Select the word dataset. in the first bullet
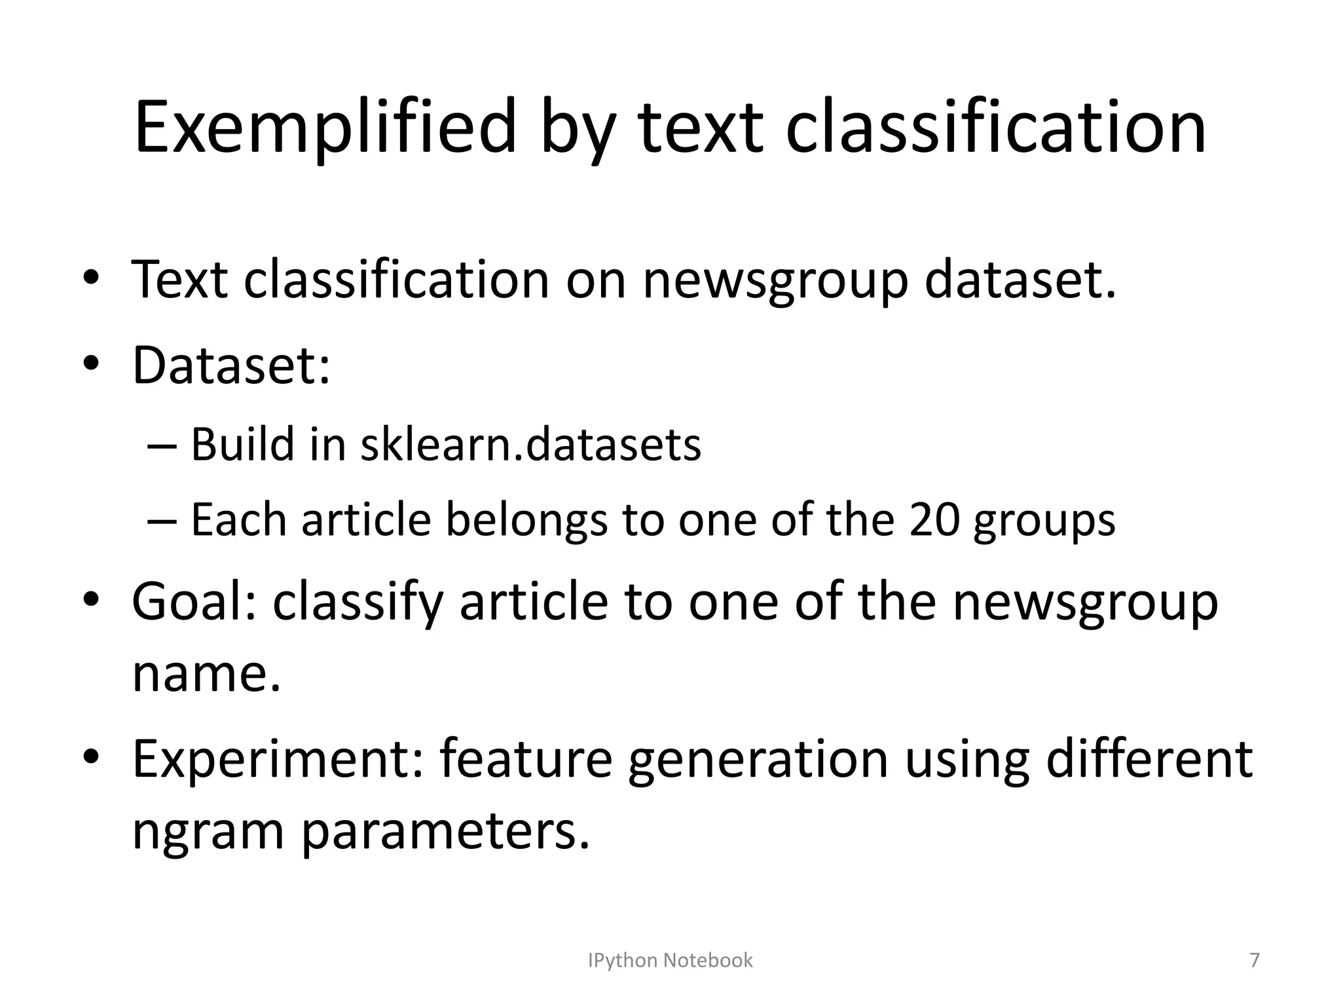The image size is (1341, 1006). click(1020, 280)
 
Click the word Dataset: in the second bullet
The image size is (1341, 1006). click(231, 365)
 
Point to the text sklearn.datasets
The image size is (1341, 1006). click(530, 445)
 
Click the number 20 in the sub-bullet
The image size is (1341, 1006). click(934, 520)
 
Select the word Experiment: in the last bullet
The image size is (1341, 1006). click(278, 758)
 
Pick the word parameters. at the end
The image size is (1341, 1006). click(446, 830)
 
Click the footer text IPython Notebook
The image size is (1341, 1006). click(670, 960)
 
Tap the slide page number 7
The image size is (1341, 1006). click(1254, 960)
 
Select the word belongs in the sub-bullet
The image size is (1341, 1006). click(526, 520)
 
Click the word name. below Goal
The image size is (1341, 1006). click(206, 674)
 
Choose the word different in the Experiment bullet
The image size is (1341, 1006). click(1149, 758)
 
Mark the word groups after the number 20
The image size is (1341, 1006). click(1044, 520)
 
